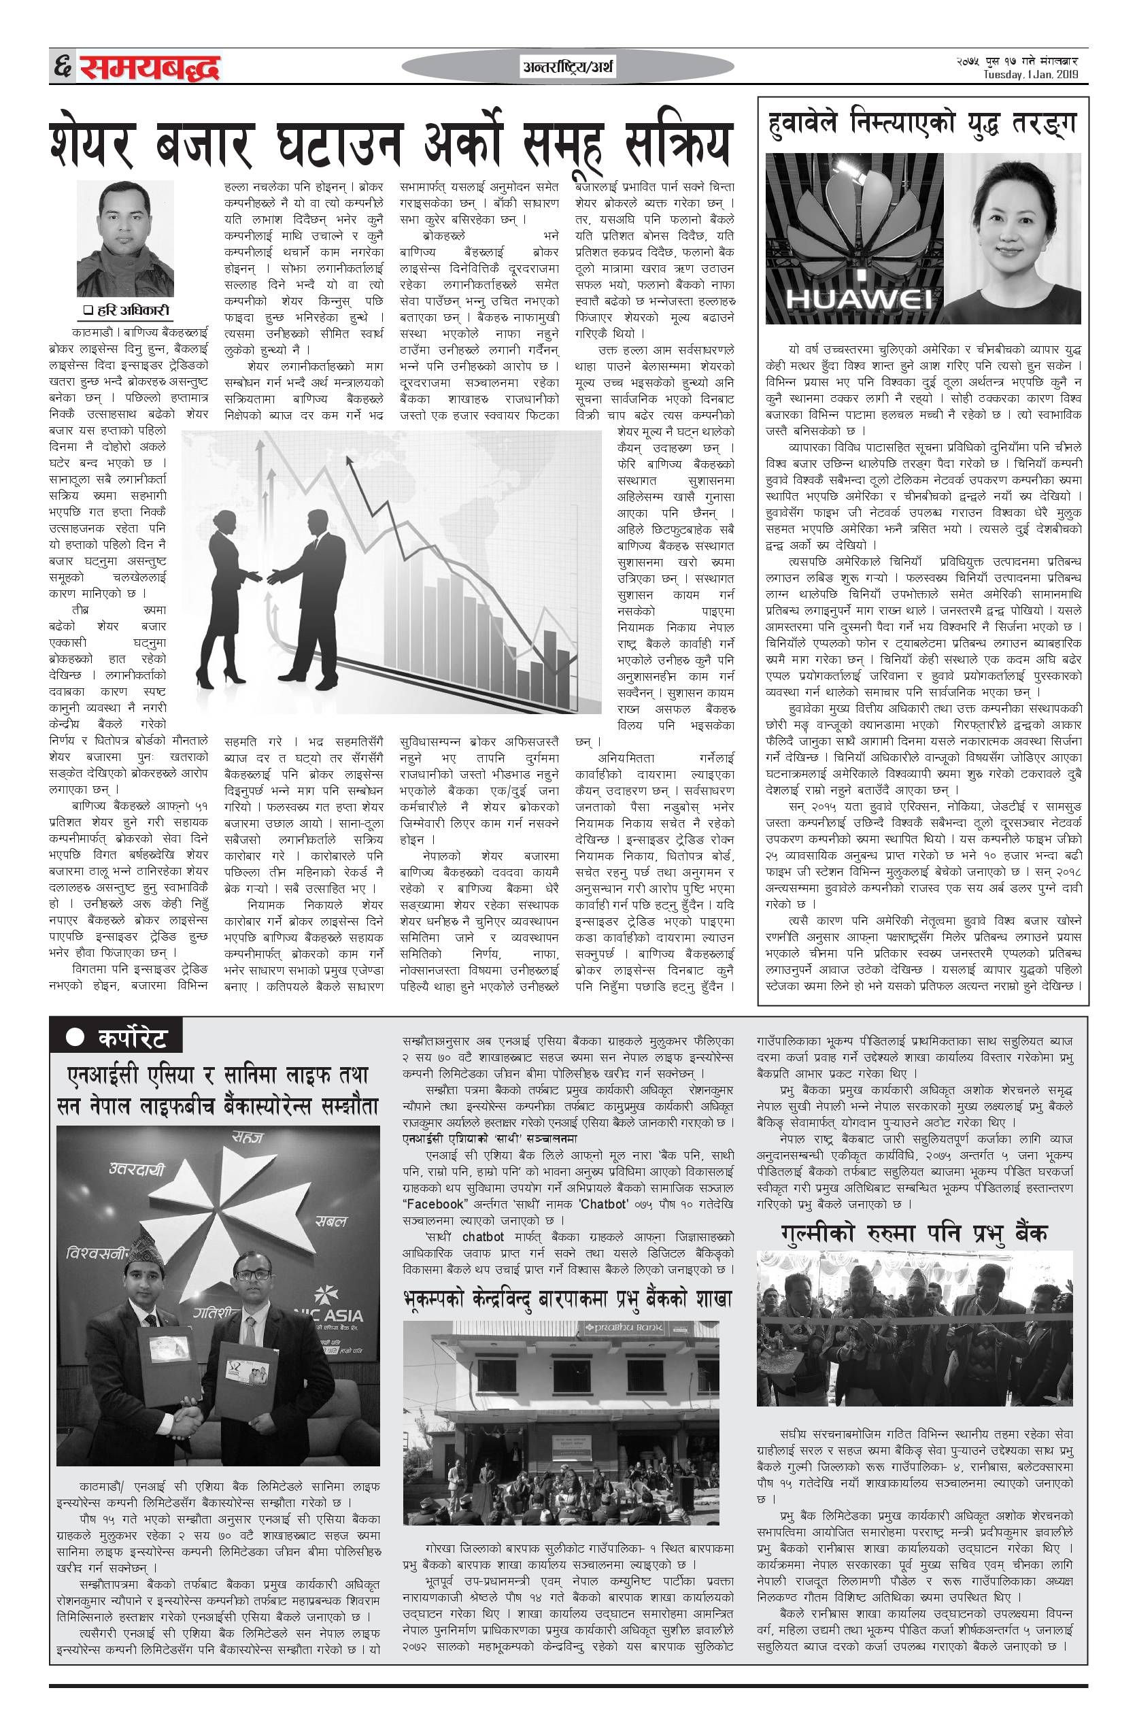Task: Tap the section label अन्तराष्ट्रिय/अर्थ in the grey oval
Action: click(x=568, y=69)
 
